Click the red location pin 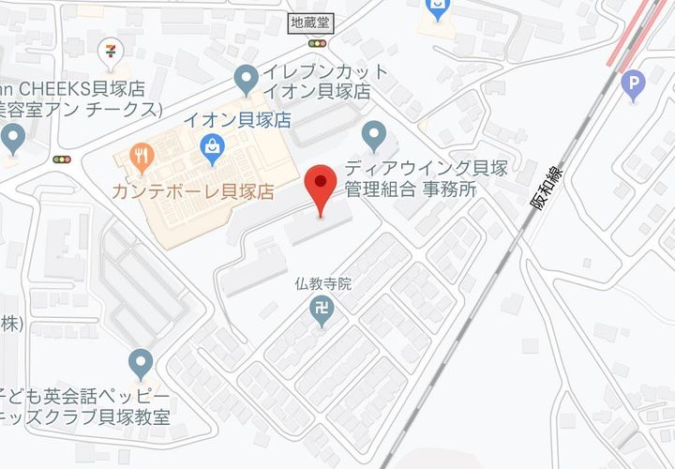click(x=322, y=186)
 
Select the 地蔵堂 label click(x=310, y=22)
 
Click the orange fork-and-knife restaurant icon click(x=142, y=157)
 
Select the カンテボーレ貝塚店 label click(x=192, y=191)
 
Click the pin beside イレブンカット click(x=246, y=79)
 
